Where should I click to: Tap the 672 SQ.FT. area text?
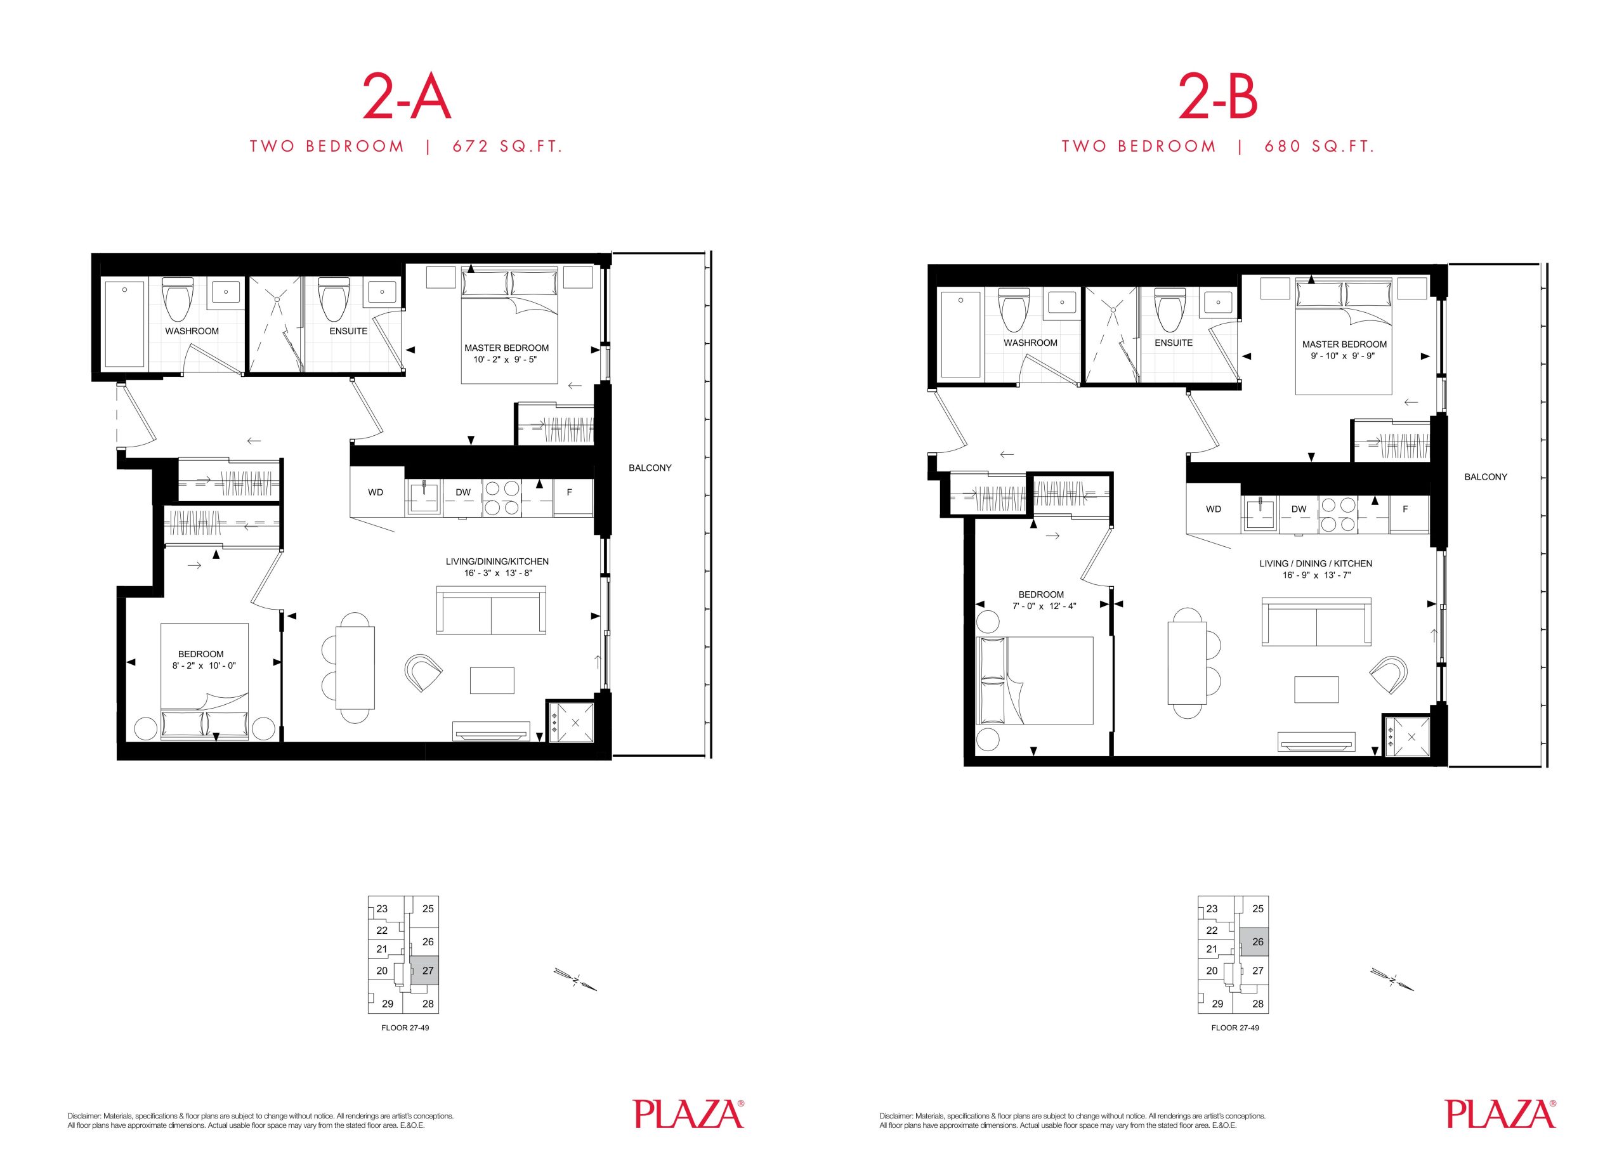click(507, 147)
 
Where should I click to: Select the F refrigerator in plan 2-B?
click(1405, 509)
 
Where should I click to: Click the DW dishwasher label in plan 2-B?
click(1299, 509)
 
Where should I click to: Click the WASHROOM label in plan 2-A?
click(192, 331)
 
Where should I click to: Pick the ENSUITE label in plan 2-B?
click(1174, 343)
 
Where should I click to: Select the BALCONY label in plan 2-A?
click(650, 468)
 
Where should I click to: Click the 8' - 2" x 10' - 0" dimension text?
click(204, 665)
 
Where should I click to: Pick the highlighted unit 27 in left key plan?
click(428, 971)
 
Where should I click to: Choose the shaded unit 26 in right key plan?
click(1255, 941)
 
